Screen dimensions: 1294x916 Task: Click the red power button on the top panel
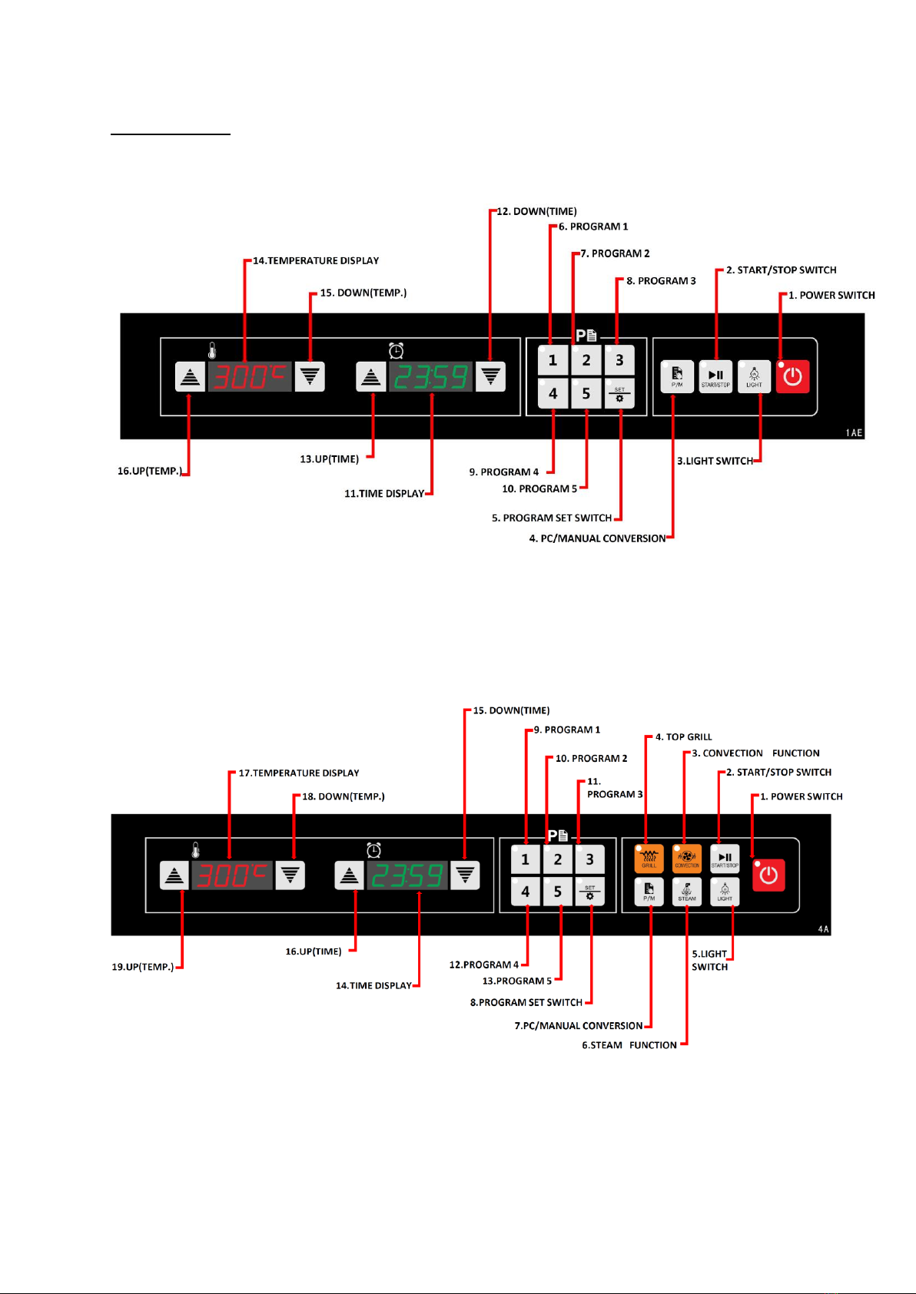(792, 376)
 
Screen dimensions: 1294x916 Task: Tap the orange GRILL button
(649, 858)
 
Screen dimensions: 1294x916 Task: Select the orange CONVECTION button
(687, 858)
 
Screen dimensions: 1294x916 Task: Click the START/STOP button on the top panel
(715, 376)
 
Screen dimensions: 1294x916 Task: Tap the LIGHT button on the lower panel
(725, 892)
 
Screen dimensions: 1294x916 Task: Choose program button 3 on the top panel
(619, 360)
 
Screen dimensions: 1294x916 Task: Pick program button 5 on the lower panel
(558, 892)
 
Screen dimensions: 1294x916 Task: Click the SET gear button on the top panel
(619, 394)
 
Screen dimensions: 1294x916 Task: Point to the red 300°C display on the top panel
(250, 377)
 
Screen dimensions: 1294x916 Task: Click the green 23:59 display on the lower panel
(407, 875)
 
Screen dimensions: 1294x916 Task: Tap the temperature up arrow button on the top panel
(190, 377)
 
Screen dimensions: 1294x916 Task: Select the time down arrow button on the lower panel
(465, 875)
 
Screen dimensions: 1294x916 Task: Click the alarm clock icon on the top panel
(397, 351)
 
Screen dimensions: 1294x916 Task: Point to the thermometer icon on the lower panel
(196, 849)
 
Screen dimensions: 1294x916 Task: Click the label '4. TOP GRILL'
(683, 737)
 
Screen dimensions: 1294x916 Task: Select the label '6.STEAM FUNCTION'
(629, 1045)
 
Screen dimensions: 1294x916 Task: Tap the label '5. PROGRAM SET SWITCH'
(552, 518)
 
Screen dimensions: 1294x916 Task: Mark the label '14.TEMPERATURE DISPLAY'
(316, 261)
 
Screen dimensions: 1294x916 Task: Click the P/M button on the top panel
(677, 376)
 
